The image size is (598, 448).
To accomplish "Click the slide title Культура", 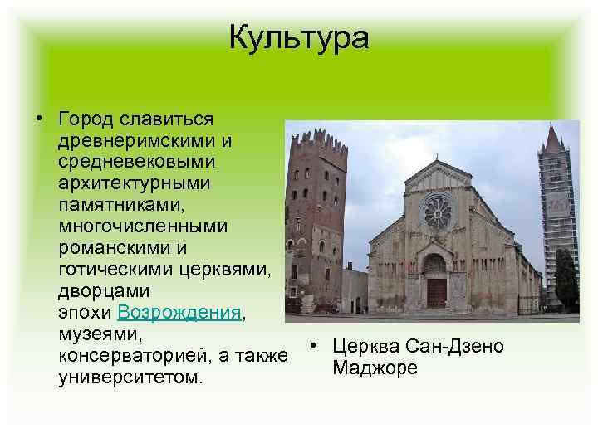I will point(298,37).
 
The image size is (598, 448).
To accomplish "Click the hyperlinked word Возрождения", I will point(179,313).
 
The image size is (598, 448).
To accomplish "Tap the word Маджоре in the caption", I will point(375,367).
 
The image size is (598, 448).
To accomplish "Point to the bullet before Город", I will point(39,119).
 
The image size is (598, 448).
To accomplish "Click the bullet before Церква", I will point(308,346).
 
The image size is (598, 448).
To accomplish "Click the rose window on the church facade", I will point(437,211).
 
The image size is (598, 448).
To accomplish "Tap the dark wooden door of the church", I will point(436,291).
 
